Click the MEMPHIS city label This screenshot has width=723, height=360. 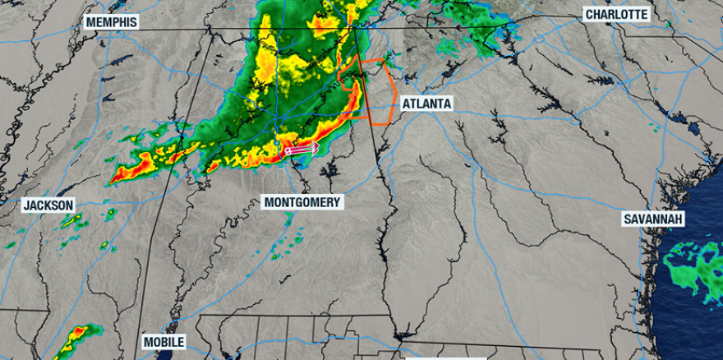[111, 22]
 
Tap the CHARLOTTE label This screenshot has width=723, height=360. [616, 14]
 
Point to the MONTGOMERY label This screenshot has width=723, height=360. [302, 202]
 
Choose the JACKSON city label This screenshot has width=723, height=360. [48, 205]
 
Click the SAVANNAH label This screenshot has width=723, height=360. [654, 219]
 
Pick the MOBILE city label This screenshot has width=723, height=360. [163, 342]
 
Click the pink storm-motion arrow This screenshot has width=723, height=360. [301, 150]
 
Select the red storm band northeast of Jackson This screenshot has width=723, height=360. [136, 169]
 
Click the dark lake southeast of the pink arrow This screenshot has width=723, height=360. [331, 172]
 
